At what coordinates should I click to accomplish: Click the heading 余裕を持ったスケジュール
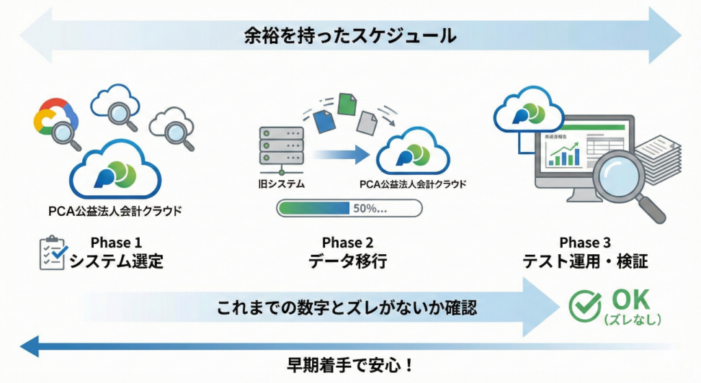coord(350,35)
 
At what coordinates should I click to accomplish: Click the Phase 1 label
coord(117,243)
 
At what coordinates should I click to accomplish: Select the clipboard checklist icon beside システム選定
coord(53,253)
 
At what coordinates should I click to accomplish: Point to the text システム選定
coord(117,262)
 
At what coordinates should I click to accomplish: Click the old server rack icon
coord(281,147)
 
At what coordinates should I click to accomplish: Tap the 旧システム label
coord(281,184)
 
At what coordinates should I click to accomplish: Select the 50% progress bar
coord(349,208)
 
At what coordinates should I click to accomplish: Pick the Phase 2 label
coord(349,243)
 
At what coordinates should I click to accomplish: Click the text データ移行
coord(349,262)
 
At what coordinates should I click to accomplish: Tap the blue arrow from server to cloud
coord(338,154)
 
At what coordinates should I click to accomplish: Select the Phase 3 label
coord(586,243)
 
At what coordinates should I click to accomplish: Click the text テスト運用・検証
coord(586,262)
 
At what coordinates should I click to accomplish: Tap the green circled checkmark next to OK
coord(585,306)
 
